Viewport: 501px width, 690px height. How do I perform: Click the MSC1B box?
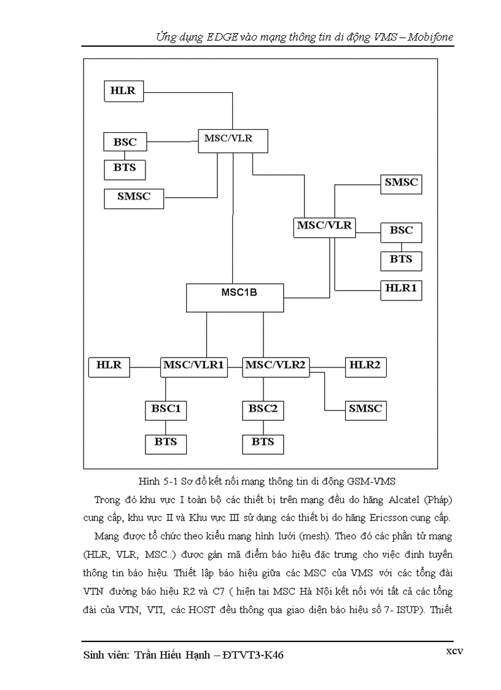click(235, 297)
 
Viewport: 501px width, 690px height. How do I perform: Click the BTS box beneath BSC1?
click(166, 442)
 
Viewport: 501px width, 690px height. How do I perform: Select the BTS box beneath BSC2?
click(263, 442)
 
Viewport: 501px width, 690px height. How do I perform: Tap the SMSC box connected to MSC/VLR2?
click(365, 409)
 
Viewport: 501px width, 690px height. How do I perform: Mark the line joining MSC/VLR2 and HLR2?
click(327, 367)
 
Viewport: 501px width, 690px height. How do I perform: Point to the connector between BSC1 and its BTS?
click(166, 426)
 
